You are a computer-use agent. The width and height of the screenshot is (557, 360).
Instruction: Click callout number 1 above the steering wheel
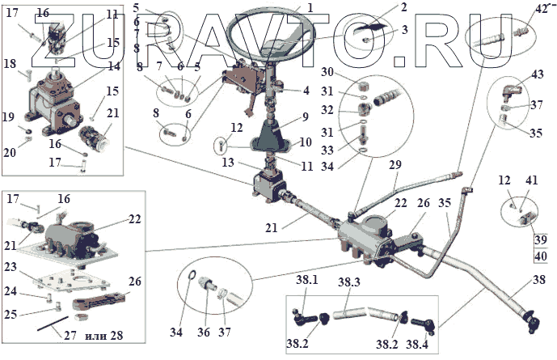(310, 6)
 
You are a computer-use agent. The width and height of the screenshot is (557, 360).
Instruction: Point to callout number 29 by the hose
(395, 165)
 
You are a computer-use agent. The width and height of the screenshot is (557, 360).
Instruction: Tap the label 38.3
(348, 282)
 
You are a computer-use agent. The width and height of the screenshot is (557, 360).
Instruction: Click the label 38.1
(308, 279)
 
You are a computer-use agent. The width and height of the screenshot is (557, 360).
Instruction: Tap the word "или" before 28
(95, 335)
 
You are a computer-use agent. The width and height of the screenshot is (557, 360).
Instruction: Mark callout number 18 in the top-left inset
(10, 63)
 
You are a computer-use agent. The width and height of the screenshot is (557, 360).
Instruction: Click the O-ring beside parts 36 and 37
(189, 282)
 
